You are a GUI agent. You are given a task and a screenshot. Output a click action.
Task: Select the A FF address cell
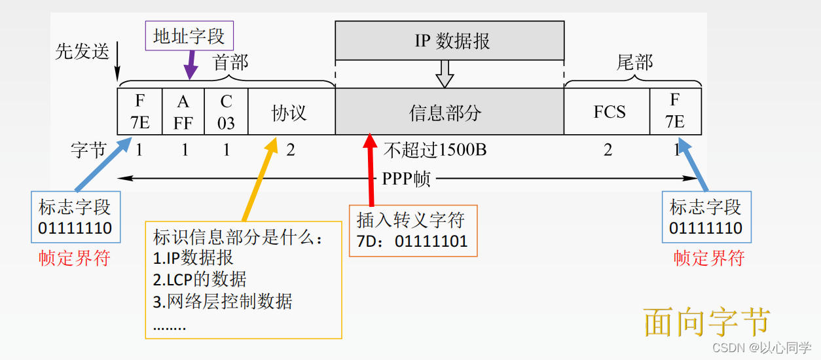click(x=183, y=112)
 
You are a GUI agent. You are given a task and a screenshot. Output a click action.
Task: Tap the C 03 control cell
click(x=226, y=112)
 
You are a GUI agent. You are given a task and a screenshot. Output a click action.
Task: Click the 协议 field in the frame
click(x=290, y=112)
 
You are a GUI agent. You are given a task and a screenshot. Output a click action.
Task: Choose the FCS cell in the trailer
click(x=609, y=112)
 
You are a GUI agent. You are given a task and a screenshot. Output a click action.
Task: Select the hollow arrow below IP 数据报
click(x=445, y=73)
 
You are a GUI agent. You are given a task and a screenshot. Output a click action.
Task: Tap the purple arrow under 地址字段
click(x=191, y=66)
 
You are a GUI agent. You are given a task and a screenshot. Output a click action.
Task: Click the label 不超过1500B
click(x=435, y=151)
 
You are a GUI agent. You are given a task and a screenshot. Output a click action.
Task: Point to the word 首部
click(x=230, y=63)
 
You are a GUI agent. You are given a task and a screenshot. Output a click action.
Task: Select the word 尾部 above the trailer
click(x=634, y=63)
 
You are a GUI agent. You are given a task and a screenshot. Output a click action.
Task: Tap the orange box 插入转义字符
click(x=412, y=230)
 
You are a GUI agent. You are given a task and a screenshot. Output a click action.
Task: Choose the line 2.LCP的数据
click(x=200, y=279)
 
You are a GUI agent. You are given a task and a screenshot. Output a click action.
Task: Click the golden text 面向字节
click(x=707, y=321)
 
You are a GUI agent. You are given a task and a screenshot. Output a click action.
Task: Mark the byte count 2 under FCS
click(x=608, y=151)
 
